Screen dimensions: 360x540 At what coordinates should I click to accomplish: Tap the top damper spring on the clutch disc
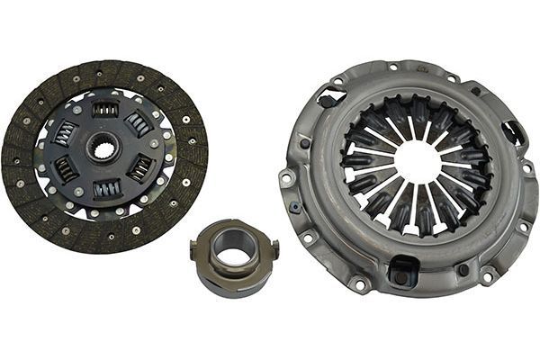[105, 109]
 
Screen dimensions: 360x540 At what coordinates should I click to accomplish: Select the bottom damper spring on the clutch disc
[107, 189]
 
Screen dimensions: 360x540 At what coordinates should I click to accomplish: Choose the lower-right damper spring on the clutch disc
[141, 166]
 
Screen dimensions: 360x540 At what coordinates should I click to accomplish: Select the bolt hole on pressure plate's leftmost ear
[286, 178]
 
